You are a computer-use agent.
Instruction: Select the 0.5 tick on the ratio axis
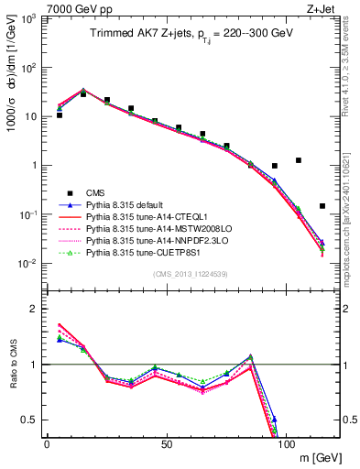30,420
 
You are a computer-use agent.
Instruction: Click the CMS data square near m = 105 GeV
299,160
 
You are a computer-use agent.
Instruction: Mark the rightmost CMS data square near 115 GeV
322,206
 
